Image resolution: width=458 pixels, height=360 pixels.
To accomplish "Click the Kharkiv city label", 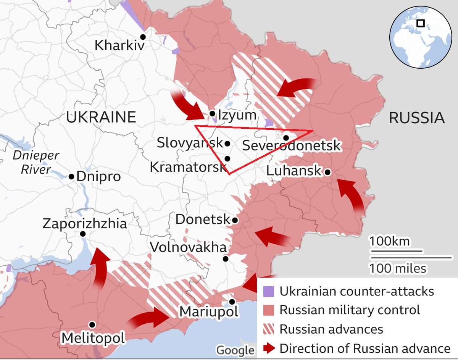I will [x=119, y=46].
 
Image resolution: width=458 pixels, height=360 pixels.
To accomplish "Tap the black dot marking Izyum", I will [x=212, y=113].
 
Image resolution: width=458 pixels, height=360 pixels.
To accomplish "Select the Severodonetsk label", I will [x=291, y=145].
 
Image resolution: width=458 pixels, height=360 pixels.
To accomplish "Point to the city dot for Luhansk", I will [x=327, y=172].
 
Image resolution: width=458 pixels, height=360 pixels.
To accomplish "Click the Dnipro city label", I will [x=98, y=177].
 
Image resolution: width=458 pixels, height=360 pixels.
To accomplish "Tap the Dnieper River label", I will [x=36, y=162].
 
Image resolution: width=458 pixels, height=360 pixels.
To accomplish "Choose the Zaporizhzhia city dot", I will [x=83, y=234].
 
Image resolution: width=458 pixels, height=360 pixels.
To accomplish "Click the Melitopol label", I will [x=93, y=338].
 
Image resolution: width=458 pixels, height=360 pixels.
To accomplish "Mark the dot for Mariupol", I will [x=232, y=302].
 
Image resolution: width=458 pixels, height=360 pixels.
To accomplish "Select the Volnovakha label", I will [x=189, y=247].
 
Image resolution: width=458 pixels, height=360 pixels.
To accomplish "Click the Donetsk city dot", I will [x=235, y=220].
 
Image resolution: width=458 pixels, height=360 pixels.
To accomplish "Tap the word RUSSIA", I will [x=417, y=118].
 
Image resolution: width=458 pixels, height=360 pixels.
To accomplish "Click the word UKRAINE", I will [x=101, y=117].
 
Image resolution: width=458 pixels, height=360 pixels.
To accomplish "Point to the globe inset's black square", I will [x=421, y=23].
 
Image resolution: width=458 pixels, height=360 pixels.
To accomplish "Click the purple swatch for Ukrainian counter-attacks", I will [x=269, y=292].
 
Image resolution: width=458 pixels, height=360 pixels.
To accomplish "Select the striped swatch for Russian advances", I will [x=269, y=329].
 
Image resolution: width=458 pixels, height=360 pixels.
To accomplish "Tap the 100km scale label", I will [x=389, y=242].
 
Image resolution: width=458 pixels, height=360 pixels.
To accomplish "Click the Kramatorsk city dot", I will [x=227, y=158].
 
